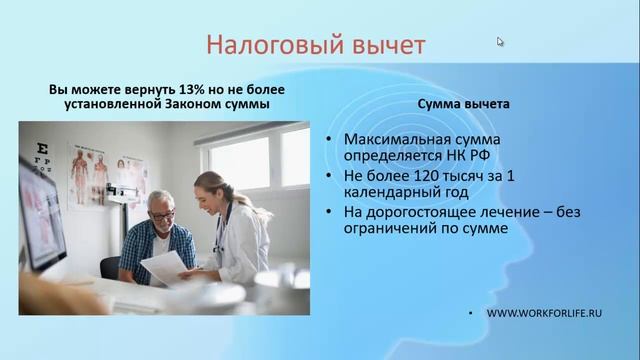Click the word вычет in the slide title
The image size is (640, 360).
pos(384,45)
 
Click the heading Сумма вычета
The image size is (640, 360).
pos(464,103)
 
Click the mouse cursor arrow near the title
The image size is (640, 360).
pos(500,42)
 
